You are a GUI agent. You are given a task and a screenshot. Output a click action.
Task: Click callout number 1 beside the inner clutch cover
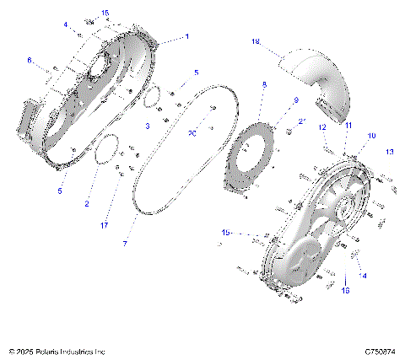tap(186, 36)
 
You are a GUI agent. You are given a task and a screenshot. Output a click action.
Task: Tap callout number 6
tap(30, 60)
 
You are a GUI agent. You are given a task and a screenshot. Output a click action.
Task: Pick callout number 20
tap(192, 133)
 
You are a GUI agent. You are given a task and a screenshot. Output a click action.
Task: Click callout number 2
tap(87, 203)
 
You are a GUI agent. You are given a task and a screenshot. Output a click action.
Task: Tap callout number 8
tap(264, 86)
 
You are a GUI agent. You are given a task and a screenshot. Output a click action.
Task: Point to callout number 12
tap(322, 126)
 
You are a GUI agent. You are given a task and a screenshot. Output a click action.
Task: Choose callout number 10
tap(370, 135)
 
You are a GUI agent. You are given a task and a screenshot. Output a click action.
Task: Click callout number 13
tap(390, 152)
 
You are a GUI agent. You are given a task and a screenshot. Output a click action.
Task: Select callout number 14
tap(364, 276)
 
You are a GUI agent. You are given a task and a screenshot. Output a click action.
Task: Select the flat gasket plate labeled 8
tap(251, 160)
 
